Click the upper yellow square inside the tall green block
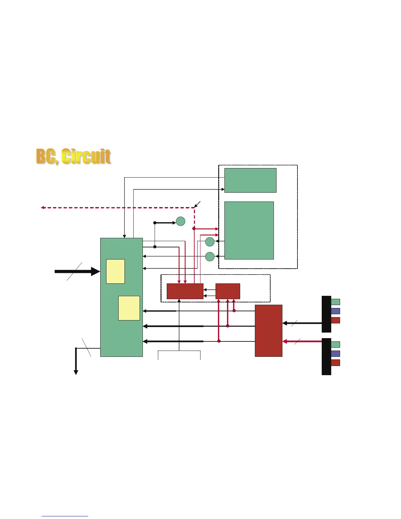coord(115,271)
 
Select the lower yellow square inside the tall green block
coord(129,308)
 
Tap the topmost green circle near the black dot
coord(181,221)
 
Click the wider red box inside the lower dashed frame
coord(185,291)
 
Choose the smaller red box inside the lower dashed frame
coord(228,291)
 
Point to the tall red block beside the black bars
coord(268,331)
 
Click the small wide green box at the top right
coord(250,180)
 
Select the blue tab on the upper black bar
coord(335,311)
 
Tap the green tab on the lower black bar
coord(335,344)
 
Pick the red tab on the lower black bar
coord(335,363)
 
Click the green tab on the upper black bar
coord(335,302)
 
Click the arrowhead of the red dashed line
coord(43,207)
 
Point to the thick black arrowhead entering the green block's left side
coord(95,271)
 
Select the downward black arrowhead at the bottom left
coord(76,372)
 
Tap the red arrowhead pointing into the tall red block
coord(285,341)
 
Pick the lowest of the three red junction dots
coord(219,341)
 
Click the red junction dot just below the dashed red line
coord(194,228)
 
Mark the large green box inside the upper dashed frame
coord(249,230)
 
